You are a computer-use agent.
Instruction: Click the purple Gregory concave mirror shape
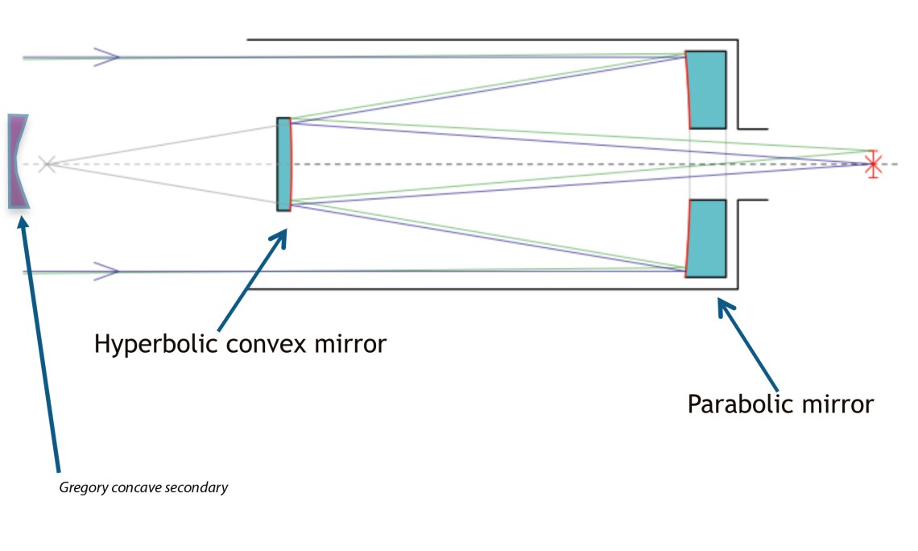pyautogui.click(x=17, y=162)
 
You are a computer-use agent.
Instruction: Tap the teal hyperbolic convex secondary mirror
pyautogui.click(x=284, y=164)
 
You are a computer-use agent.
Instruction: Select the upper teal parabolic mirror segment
pyautogui.click(x=706, y=89)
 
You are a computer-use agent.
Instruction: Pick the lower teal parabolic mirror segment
pyautogui.click(x=706, y=238)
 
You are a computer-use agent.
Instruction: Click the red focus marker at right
pyautogui.click(x=871, y=164)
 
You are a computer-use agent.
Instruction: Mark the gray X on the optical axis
pyautogui.click(x=47, y=164)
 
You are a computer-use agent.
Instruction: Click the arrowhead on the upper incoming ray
pyautogui.click(x=107, y=56)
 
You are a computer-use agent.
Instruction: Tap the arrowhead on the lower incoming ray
pyautogui.click(x=107, y=271)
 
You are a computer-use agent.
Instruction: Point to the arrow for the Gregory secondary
pyautogui.click(x=40, y=338)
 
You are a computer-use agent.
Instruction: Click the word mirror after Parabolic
pyautogui.click(x=833, y=404)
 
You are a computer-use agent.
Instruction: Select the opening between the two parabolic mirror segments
pyautogui.click(x=708, y=164)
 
